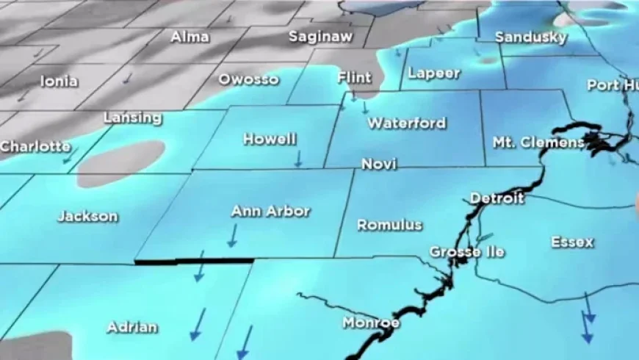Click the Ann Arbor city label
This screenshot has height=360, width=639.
[270, 212]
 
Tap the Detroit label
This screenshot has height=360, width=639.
[497, 198]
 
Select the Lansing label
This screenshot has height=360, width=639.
[132, 118]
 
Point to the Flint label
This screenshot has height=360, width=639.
[354, 77]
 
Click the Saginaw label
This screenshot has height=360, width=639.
[320, 36]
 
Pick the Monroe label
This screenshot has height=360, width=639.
[371, 323]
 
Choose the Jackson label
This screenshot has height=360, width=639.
[87, 216]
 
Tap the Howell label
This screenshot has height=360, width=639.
[269, 139]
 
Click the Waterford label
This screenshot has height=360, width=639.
[406, 123]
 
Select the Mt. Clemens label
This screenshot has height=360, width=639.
[538, 143]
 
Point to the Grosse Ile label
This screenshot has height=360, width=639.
[467, 252]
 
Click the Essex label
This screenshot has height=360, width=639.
[572, 242]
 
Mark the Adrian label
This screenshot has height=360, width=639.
[132, 327]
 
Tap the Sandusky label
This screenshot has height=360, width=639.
[531, 37]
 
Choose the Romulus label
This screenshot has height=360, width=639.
[389, 225]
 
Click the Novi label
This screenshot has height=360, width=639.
[379, 165]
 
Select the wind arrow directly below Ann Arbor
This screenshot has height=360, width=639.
[232, 236]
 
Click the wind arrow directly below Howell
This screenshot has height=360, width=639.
[297, 158]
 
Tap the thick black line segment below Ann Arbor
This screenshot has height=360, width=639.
[194, 261]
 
